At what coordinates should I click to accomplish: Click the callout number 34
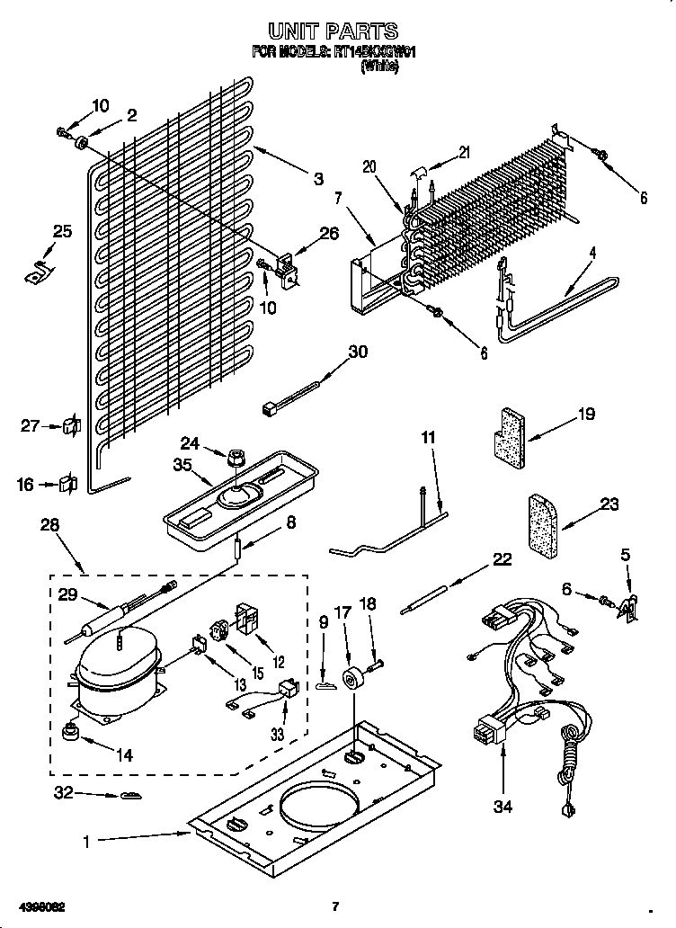click(x=503, y=807)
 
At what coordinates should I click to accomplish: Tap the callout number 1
click(x=86, y=842)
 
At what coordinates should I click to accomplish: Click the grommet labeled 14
click(x=69, y=733)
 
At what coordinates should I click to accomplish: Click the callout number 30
click(x=358, y=352)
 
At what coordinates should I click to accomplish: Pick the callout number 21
click(x=463, y=152)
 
